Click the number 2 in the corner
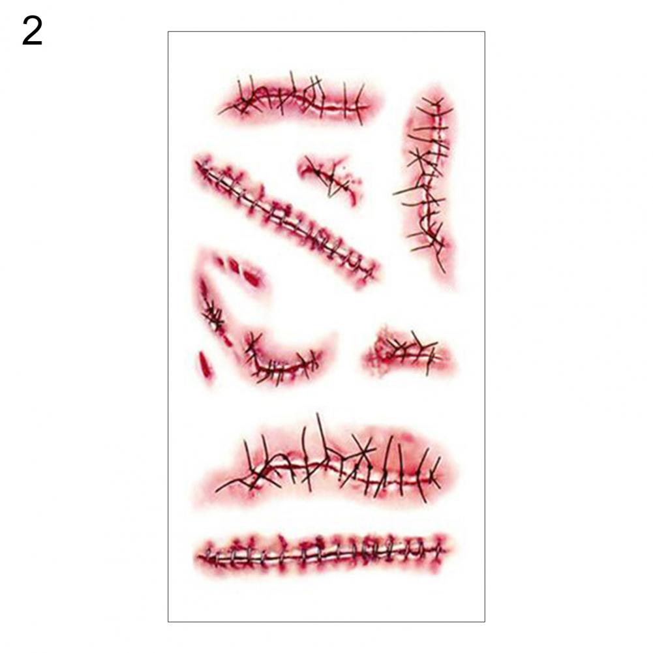coord(33,32)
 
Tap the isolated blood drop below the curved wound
coord(205,364)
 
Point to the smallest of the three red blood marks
coord(220,261)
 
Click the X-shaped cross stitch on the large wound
coord(364,449)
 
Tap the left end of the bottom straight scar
coord(198,556)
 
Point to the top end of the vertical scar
coord(436,99)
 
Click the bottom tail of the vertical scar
coord(443,271)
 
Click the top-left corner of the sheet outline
coord(168,32)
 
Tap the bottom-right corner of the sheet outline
coord(485,622)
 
